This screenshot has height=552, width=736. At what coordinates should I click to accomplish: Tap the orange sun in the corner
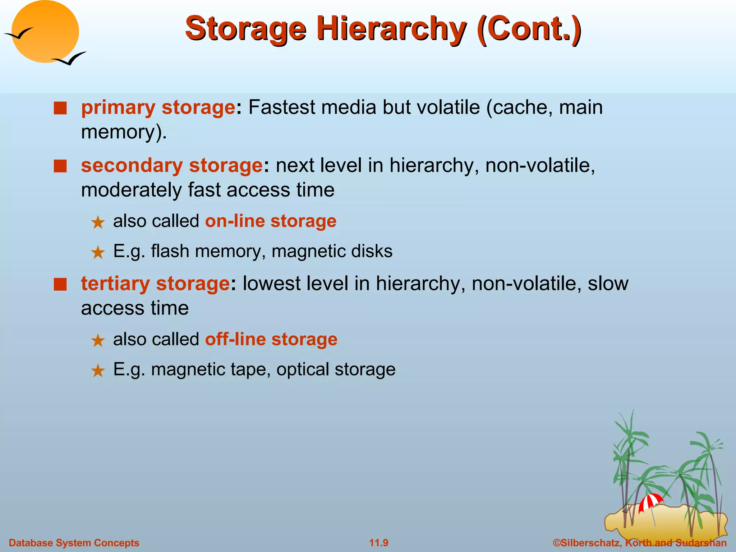[x=45, y=32]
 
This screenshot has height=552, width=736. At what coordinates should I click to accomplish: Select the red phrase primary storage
[x=158, y=107]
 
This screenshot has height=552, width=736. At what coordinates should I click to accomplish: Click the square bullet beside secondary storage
[x=60, y=166]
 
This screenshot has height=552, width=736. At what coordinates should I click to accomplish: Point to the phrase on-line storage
[x=271, y=221]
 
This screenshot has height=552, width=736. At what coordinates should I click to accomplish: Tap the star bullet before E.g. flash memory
[x=98, y=252]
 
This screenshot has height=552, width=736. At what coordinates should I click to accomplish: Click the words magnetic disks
[x=332, y=251]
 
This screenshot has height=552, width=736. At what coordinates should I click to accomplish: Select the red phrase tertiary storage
[x=155, y=283]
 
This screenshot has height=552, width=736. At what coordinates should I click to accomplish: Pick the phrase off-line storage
[x=271, y=339]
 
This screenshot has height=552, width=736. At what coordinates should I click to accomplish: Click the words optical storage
[x=336, y=369]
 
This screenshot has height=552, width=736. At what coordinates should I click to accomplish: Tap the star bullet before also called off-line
[x=98, y=340]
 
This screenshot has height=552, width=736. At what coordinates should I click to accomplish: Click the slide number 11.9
[x=379, y=543]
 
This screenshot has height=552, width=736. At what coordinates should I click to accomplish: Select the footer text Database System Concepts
[x=74, y=543]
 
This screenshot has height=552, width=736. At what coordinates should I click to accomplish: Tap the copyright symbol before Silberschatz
[x=557, y=543]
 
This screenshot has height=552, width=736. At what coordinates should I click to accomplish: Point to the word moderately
[x=131, y=190]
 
